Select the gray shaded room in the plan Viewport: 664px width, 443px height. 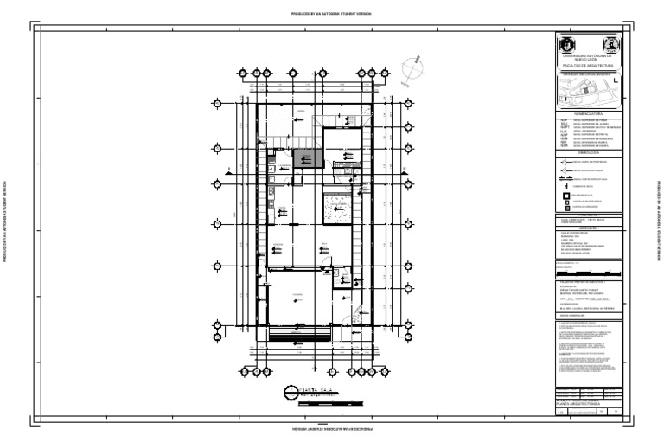click(x=307, y=158)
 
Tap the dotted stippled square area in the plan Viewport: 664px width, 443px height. click(x=338, y=209)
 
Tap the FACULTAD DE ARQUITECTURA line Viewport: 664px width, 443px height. click(x=587, y=65)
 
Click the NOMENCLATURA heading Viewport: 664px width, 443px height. click(x=587, y=113)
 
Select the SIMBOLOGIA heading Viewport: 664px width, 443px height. click(x=587, y=153)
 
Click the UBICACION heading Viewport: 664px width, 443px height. click(x=587, y=228)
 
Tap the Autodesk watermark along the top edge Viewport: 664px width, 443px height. click(x=332, y=14)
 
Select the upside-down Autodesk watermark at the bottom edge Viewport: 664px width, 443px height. click(x=332, y=429)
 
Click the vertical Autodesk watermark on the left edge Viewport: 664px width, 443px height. click(x=7, y=221)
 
